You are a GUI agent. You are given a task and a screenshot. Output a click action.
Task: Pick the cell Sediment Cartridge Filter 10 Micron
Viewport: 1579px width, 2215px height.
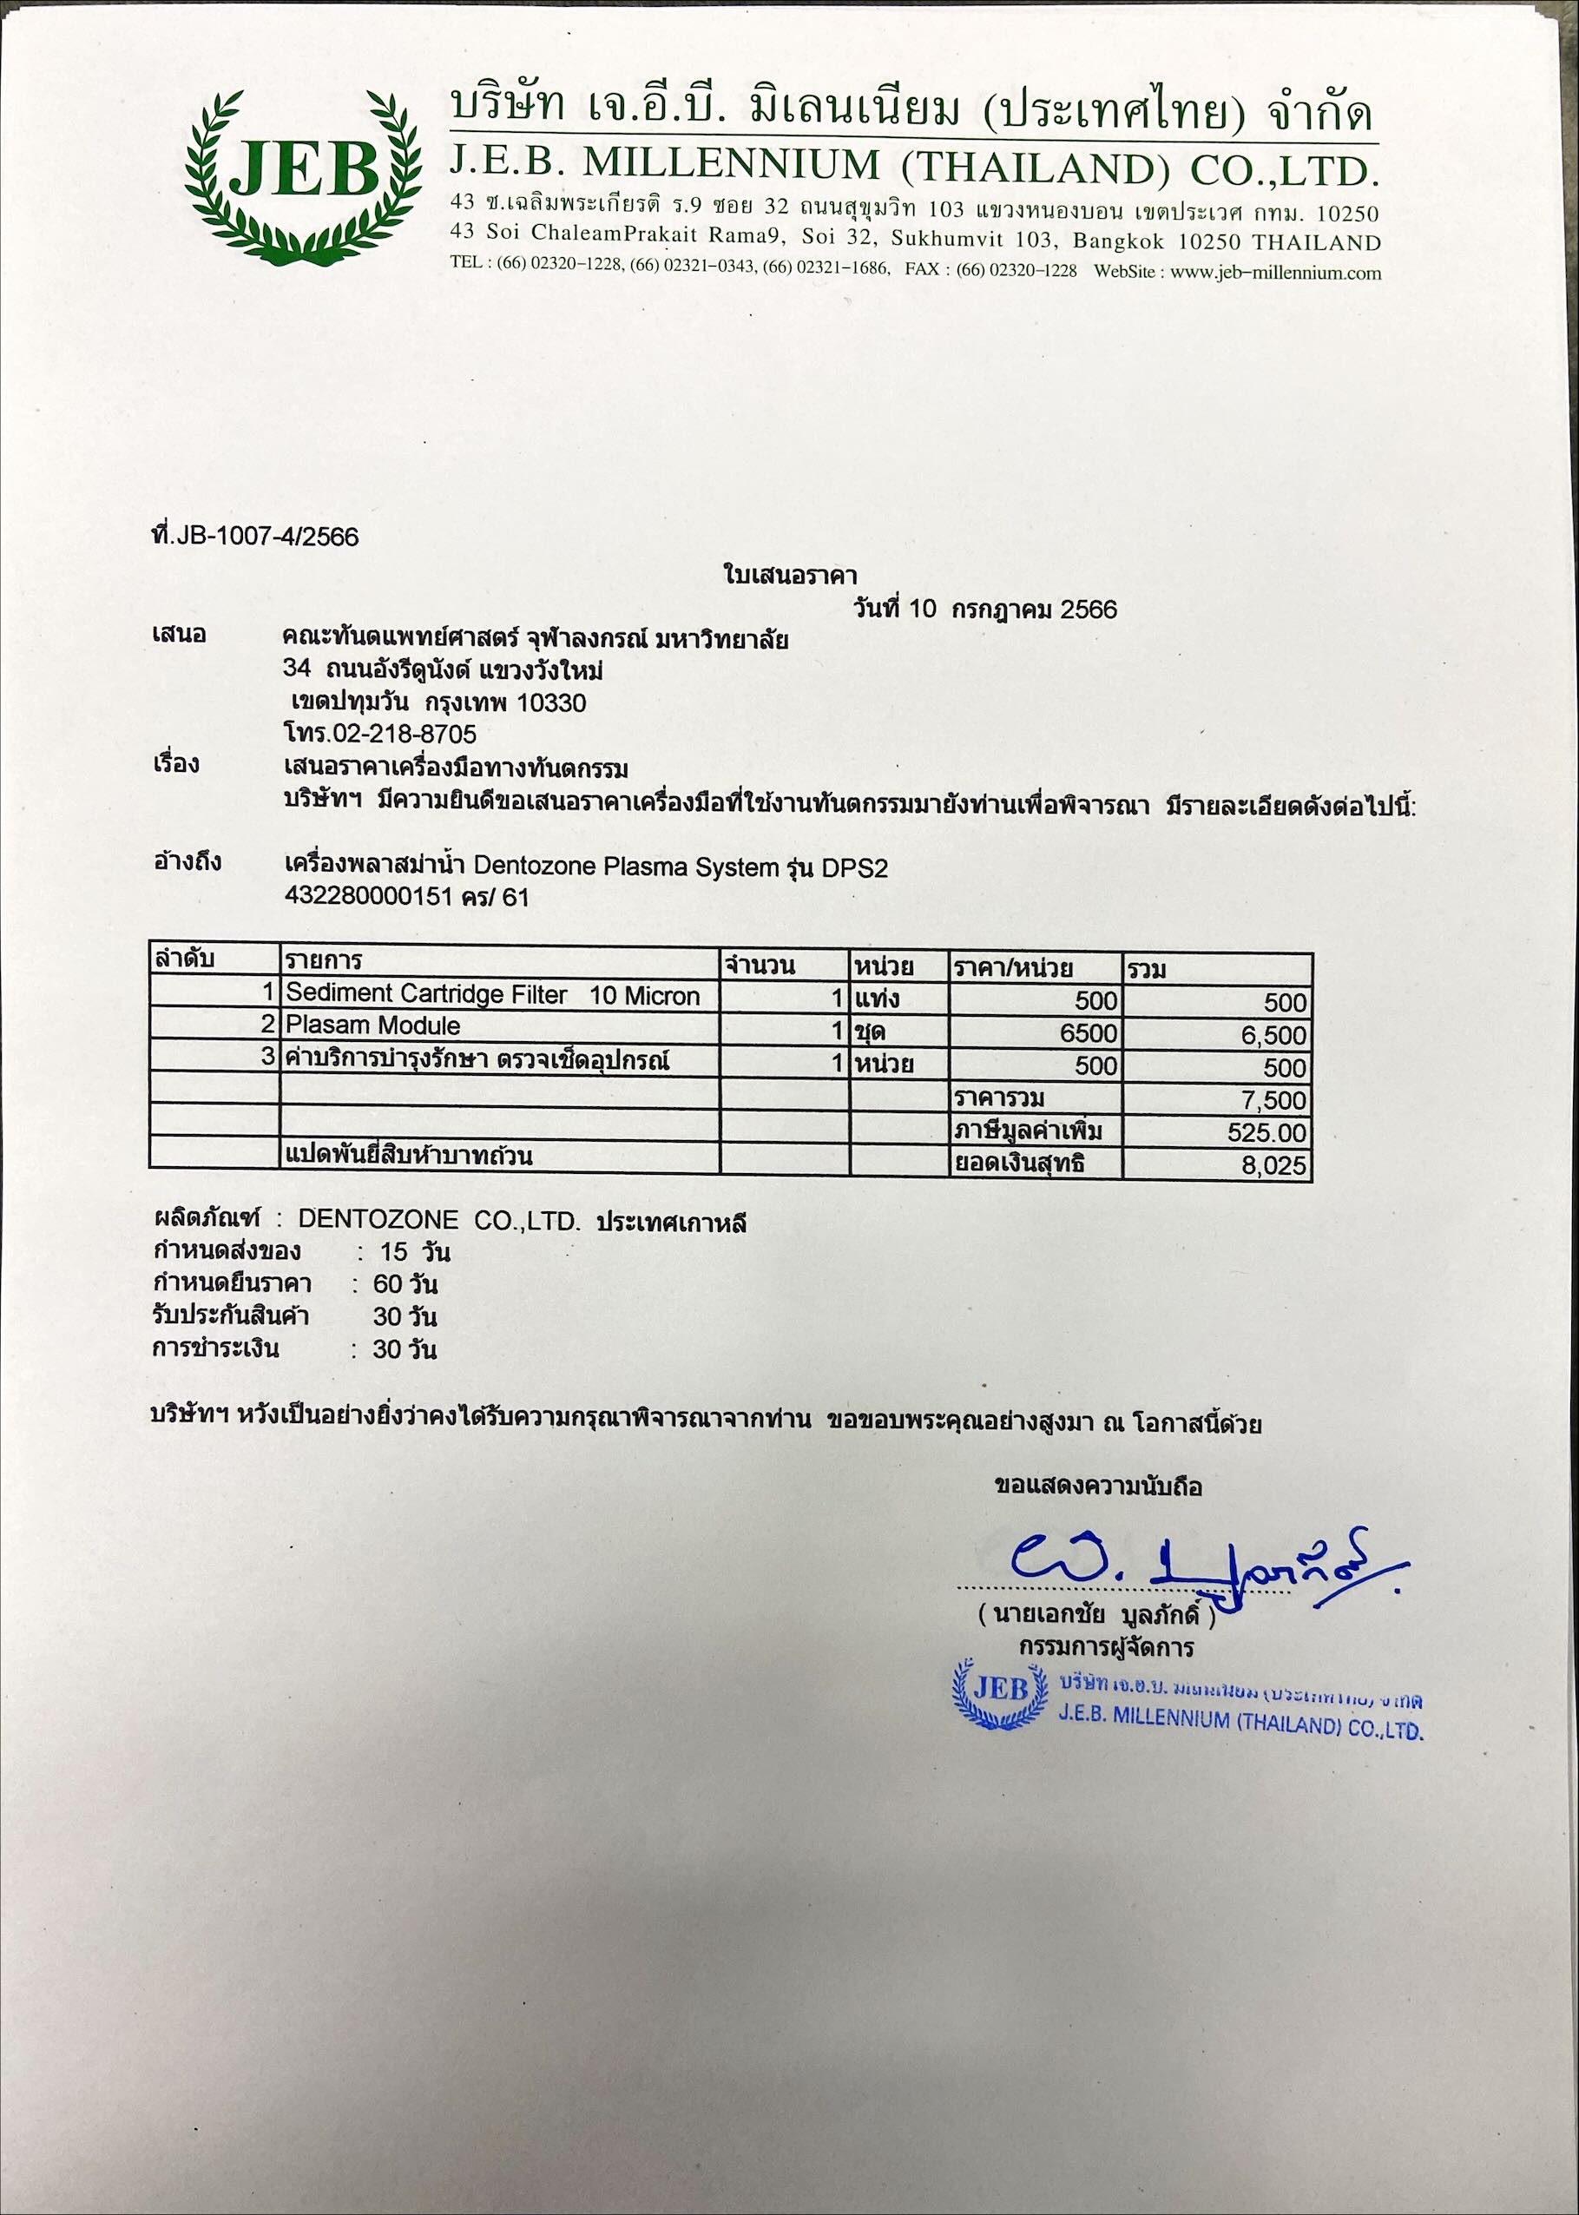[493, 996]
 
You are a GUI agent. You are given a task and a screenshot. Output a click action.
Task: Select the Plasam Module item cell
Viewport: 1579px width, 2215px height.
[373, 1025]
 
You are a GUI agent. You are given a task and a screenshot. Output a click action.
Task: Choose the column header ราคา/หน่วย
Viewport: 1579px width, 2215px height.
[1013, 966]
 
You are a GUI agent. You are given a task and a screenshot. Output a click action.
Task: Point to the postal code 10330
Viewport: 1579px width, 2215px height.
[552, 703]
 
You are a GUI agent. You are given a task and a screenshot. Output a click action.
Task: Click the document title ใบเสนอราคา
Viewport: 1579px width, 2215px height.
[790, 577]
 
